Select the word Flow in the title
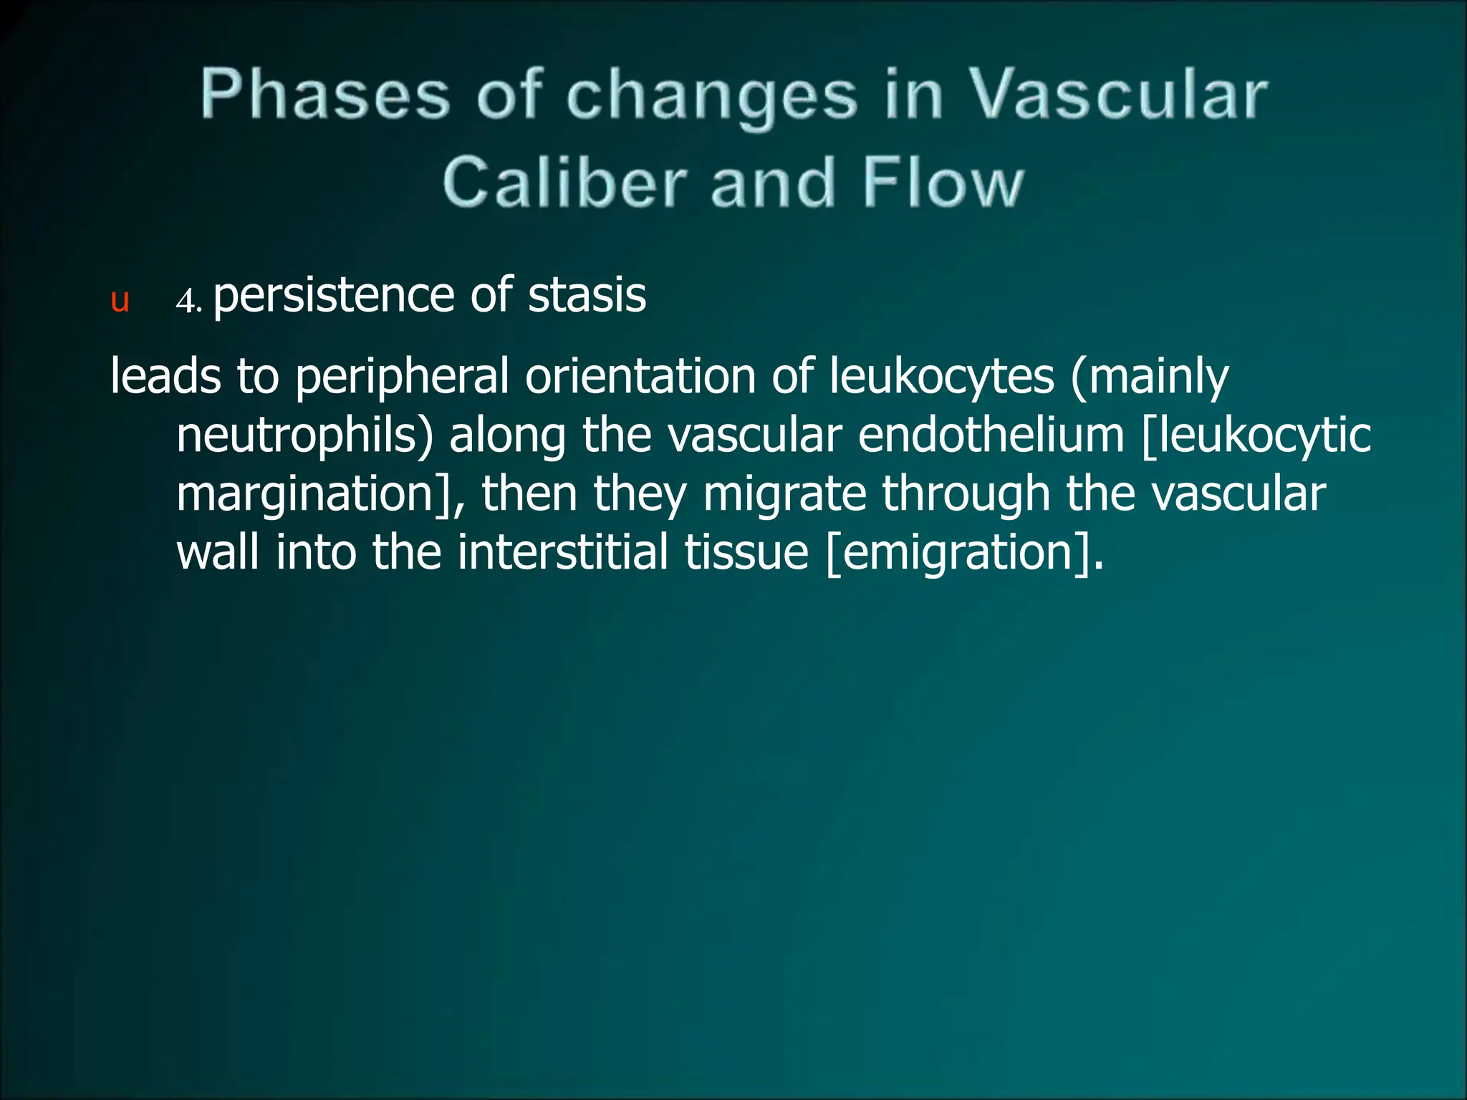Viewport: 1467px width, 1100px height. [943, 184]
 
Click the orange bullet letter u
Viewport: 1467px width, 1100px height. [120, 301]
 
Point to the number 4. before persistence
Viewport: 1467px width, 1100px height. [189, 301]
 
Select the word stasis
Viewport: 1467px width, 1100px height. [587, 295]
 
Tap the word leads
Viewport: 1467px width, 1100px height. [165, 377]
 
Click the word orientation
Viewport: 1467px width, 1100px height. [640, 377]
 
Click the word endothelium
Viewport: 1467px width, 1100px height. [991, 435]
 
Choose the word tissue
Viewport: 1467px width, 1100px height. [746, 553]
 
